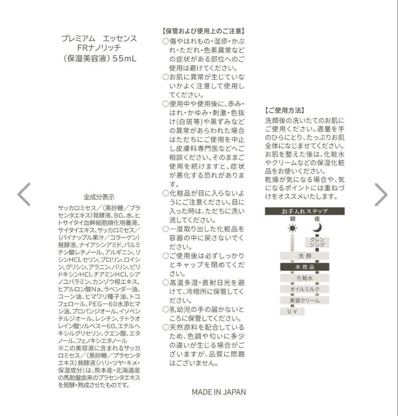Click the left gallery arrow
click(x=24, y=195)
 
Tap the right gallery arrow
click(x=381, y=195)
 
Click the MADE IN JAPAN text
click(x=218, y=392)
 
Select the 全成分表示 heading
click(x=99, y=197)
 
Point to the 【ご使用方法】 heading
click(x=285, y=111)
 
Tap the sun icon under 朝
click(x=292, y=228)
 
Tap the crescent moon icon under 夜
click(x=317, y=227)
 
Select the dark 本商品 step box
click(x=304, y=267)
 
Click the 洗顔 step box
click(x=304, y=256)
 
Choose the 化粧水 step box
click(x=304, y=278)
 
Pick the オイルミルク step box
click(x=304, y=289)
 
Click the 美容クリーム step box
click(x=304, y=300)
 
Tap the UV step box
click(x=292, y=311)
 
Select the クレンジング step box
click(x=317, y=242)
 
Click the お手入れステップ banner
click(x=304, y=211)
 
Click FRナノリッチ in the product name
click(x=99, y=49)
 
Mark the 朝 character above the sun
click(x=292, y=219)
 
